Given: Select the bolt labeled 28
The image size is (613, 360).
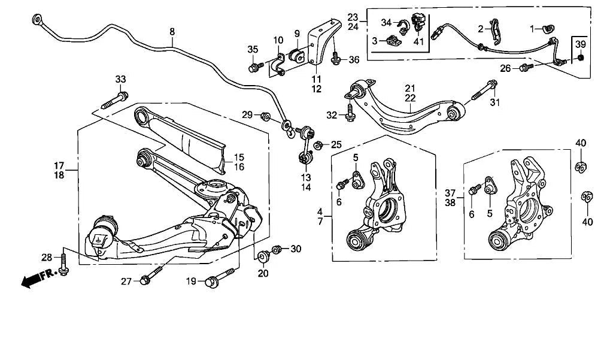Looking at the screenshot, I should (x=63, y=263).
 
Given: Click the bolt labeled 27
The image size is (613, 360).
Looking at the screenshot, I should (x=150, y=277).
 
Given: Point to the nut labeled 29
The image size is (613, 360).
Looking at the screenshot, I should (x=266, y=116).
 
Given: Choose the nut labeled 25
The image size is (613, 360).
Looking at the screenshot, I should (x=319, y=144).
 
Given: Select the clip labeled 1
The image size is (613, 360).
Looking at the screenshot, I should (x=547, y=28).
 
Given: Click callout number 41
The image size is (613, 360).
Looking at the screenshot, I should (x=418, y=43).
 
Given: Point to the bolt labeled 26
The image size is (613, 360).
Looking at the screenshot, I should (x=526, y=68).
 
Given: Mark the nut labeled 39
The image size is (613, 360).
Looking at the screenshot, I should (x=580, y=58).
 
